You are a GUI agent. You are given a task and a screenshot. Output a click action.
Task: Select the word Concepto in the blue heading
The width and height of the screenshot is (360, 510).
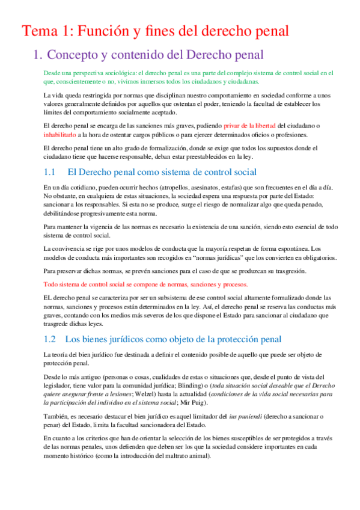click(76, 55)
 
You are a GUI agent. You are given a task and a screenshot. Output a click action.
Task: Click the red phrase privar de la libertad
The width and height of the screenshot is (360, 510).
click(249, 125)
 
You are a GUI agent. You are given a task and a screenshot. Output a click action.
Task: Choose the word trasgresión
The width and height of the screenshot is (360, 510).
click(289, 271)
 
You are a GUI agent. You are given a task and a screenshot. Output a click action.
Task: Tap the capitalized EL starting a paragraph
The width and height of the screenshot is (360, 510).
click(50, 297)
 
